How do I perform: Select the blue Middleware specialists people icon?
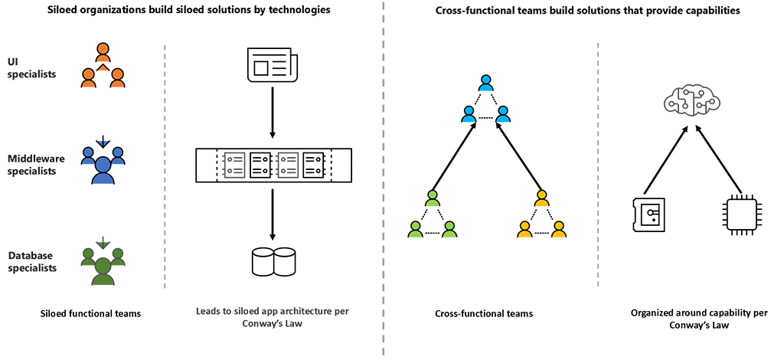tap(103, 162)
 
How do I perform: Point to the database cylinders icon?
tap(273, 261)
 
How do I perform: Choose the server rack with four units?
tap(273, 164)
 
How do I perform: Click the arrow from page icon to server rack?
tap(273, 113)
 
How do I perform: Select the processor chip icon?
tap(740, 214)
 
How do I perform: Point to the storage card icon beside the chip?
tap(650, 214)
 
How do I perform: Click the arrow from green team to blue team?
tap(452, 157)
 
